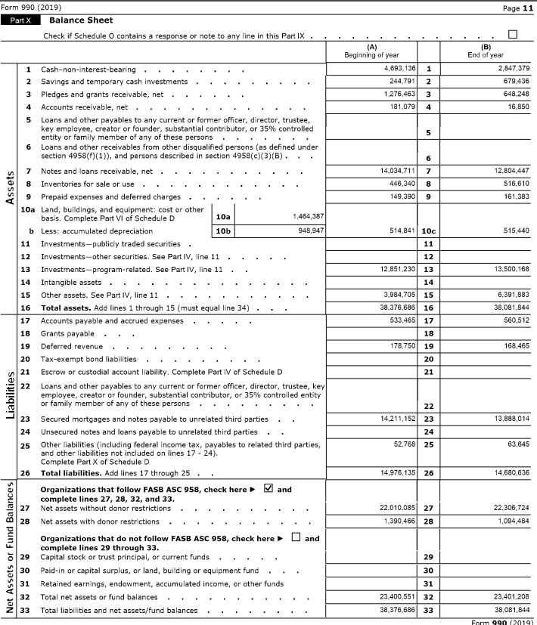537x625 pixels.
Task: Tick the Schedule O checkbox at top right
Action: click(x=513, y=35)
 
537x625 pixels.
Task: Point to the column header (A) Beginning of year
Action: click(x=371, y=51)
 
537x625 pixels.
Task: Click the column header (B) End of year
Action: click(x=486, y=51)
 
